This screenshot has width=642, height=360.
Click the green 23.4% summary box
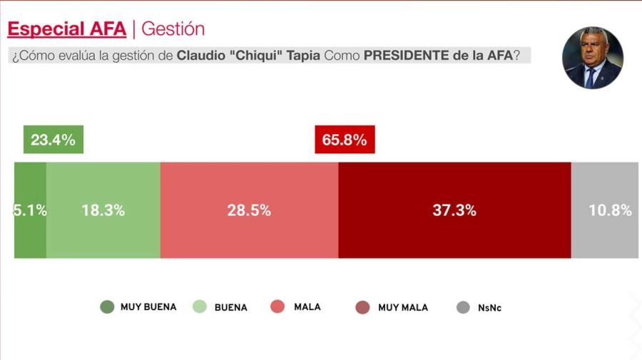pyautogui.click(x=53, y=140)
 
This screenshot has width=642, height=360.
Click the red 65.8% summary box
pyautogui.click(x=345, y=140)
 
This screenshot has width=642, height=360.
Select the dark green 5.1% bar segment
pyautogui.click(x=30, y=210)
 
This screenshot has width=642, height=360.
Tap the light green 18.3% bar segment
pyautogui.click(x=103, y=210)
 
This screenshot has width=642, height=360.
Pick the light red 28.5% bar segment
pyautogui.click(x=249, y=210)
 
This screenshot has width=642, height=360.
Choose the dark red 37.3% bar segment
pyautogui.click(x=454, y=210)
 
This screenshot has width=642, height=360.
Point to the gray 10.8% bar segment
pyautogui.click(x=604, y=210)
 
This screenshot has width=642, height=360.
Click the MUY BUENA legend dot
pyautogui.click(x=106, y=307)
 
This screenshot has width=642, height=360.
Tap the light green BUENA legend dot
pyautogui.click(x=200, y=307)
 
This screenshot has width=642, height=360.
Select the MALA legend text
pyautogui.click(x=307, y=307)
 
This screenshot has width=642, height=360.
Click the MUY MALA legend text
pyautogui.click(x=403, y=307)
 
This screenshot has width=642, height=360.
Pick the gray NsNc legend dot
pyautogui.click(x=463, y=308)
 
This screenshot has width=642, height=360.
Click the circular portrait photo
pyautogui.click(x=592, y=58)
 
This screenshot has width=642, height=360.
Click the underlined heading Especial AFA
pyautogui.click(x=66, y=29)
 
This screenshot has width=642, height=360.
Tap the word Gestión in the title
pyautogui.click(x=173, y=29)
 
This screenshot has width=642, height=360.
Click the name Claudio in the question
pyautogui.click(x=201, y=56)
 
